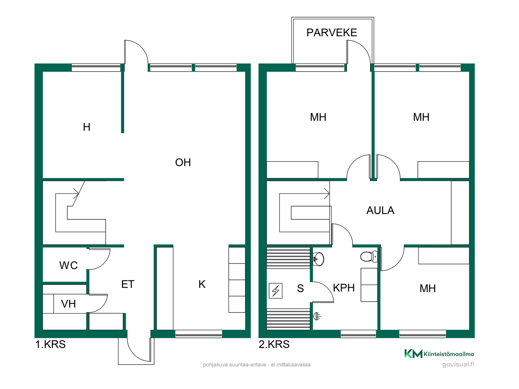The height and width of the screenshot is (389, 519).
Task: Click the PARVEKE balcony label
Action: [x=332, y=33]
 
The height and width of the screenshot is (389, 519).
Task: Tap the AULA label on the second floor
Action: [x=380, y=210]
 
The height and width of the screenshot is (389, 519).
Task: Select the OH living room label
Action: [x=183, y=162]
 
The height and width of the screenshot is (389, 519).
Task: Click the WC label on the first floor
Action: [x=68, y=266]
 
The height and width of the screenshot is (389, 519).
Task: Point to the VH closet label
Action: [x=68, y=304]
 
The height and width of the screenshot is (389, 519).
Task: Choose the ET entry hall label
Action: [x=128, y=284]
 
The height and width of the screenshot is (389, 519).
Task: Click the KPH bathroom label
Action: [x=344, y=288]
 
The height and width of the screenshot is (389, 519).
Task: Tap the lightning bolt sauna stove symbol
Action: [x=276, y=291]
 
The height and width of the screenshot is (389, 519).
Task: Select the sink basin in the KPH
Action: [x=318, y=259]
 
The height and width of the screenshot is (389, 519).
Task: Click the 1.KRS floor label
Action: [x=51, y=344]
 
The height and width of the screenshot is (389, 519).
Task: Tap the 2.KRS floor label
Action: [x=274, y=344]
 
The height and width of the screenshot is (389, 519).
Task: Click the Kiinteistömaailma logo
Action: [x=439, y=354]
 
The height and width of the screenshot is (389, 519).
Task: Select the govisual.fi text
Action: [x=458, y=364]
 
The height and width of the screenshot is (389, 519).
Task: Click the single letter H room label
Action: [x=86, y=127]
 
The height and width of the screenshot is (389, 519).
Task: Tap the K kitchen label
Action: [x=202, y=284]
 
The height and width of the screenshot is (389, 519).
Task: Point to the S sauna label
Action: [x=300, y=288]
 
